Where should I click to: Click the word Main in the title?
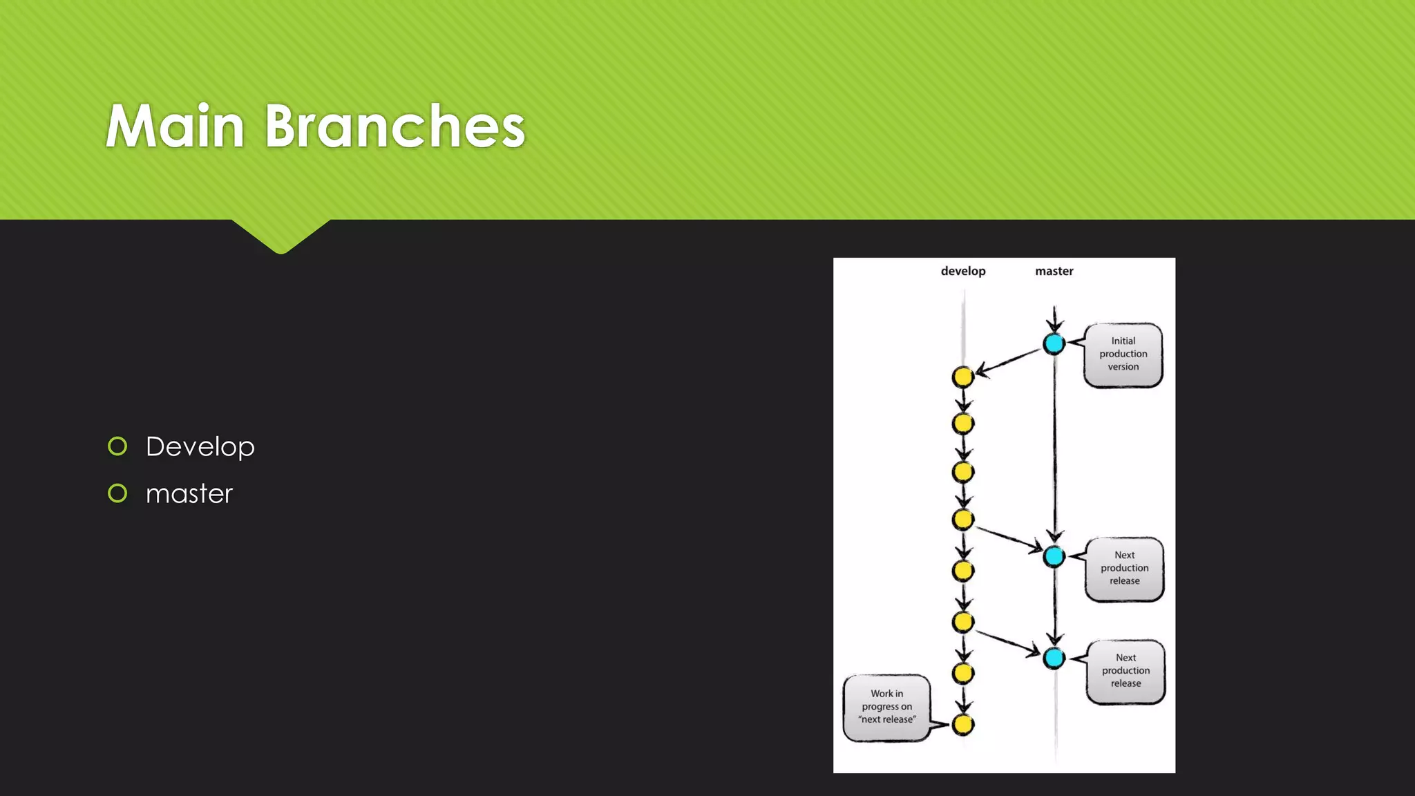pos(175,126)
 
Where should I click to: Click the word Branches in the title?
pos(395,126)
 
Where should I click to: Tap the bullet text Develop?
pos(200,447)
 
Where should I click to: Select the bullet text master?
pos(189,494)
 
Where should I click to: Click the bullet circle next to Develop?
pos(117,446)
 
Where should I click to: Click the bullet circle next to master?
pos(117,493)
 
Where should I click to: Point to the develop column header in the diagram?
pos(962,271)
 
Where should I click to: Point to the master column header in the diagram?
pos(1054,271)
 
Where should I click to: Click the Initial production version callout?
pos(1123,354)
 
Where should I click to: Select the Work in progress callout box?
pos(886,707)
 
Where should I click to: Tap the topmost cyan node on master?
pos(1054,343)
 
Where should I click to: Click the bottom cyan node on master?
pos(1054,658)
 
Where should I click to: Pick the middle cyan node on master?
pos(1054,556)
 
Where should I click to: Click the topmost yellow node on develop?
pos(962,377)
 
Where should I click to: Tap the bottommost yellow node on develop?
pos(962,725)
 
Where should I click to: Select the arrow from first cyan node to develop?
pos(1009,361)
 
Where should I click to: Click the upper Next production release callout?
pos(1124,569)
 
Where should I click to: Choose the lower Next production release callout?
pos(1126,671)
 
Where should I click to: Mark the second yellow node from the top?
pos(962,424)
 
